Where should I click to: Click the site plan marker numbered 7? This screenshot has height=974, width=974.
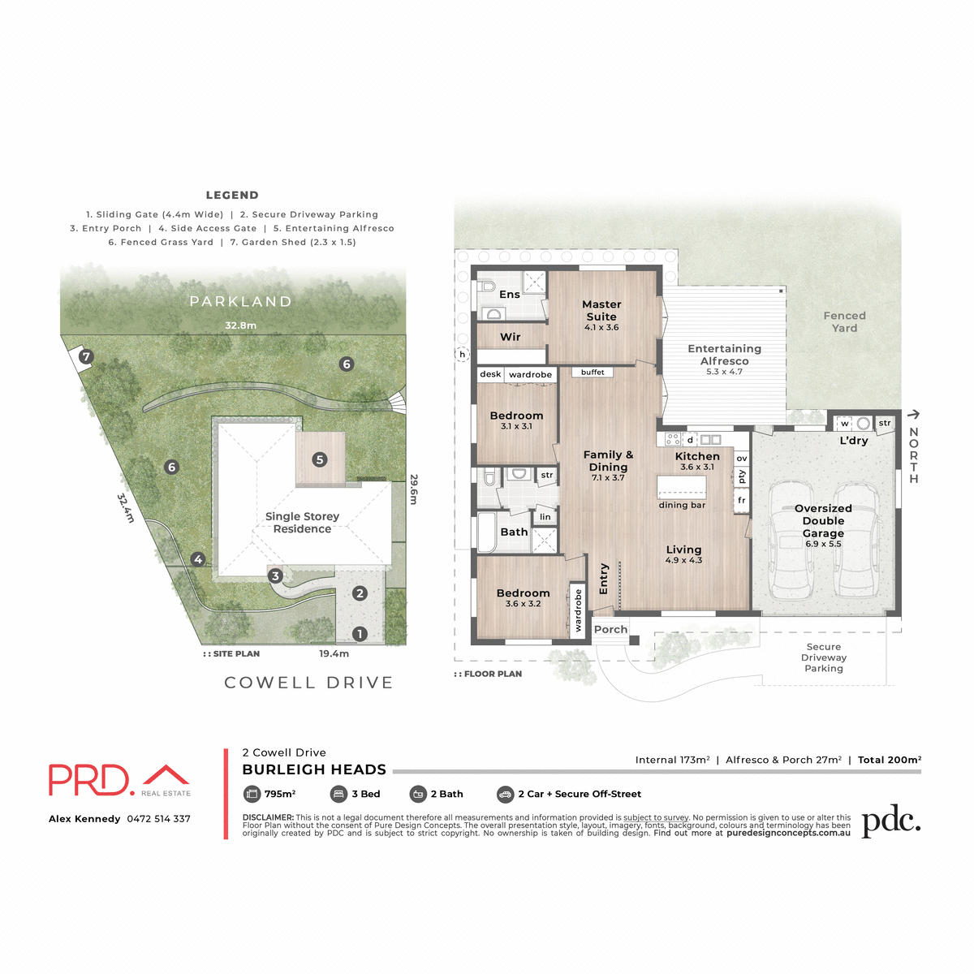86,356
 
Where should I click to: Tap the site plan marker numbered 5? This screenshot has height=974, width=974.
320,459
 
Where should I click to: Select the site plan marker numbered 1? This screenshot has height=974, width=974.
360,634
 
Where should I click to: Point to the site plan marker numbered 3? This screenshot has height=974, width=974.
275,576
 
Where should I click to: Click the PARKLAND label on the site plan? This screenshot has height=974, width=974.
240,302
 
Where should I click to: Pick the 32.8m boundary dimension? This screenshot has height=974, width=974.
241,325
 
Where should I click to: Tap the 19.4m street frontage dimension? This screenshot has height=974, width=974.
334,653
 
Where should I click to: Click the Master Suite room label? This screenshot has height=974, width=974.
601,311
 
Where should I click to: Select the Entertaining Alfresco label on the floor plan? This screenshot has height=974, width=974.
724,355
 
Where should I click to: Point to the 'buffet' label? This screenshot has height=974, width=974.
593,373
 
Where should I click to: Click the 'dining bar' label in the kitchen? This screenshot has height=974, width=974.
682,505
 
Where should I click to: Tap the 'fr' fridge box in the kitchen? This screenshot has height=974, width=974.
741,501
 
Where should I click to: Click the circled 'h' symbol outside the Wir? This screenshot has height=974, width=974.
463,354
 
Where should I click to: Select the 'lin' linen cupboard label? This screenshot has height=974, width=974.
545,517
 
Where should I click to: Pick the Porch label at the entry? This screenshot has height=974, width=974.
610,629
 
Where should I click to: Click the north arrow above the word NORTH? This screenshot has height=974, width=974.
913,415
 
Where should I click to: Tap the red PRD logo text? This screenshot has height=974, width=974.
90,779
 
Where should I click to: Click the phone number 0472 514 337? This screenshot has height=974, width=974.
158,819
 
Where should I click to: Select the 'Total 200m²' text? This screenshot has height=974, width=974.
889,760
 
